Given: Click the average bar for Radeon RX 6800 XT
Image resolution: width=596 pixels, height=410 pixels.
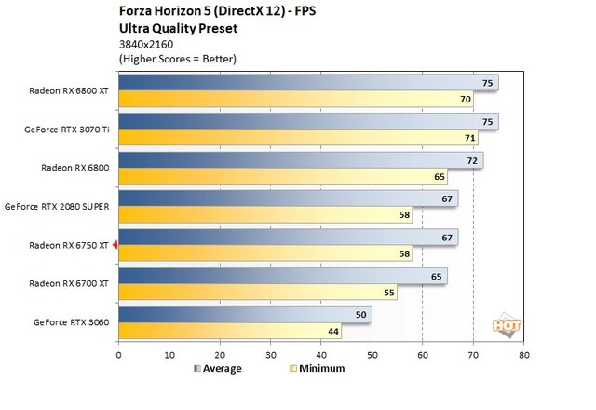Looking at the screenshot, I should [x=307, y=83].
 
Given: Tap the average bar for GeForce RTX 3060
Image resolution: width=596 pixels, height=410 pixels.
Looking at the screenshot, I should [x=245, y=314].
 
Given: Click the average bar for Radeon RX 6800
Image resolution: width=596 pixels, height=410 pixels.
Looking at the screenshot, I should [x=300, y=160].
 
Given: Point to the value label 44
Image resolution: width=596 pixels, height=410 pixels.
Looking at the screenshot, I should [x=332, y=331].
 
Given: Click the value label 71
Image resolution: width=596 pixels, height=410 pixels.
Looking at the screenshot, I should [x=469, y=138].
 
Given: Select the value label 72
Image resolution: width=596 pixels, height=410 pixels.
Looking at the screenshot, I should [x=474, y=160].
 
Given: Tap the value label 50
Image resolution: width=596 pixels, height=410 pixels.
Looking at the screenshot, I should [x=362, y=314].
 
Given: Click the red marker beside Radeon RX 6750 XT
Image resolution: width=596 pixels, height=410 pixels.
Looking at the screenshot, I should [x=115, y=246].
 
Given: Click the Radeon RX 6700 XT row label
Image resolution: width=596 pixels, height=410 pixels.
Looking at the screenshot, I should [x=70, y=283].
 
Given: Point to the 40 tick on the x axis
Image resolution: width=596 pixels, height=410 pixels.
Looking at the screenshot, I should [x=321, y=355].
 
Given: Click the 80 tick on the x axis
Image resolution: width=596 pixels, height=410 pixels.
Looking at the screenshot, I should [x=524, y=355].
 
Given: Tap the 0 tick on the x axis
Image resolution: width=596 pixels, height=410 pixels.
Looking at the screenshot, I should [x=118, y=355].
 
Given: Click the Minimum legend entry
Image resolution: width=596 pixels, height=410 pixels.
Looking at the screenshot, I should [x=318, y=369].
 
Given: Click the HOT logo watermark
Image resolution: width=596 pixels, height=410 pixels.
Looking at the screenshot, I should [x=507, y=326].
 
